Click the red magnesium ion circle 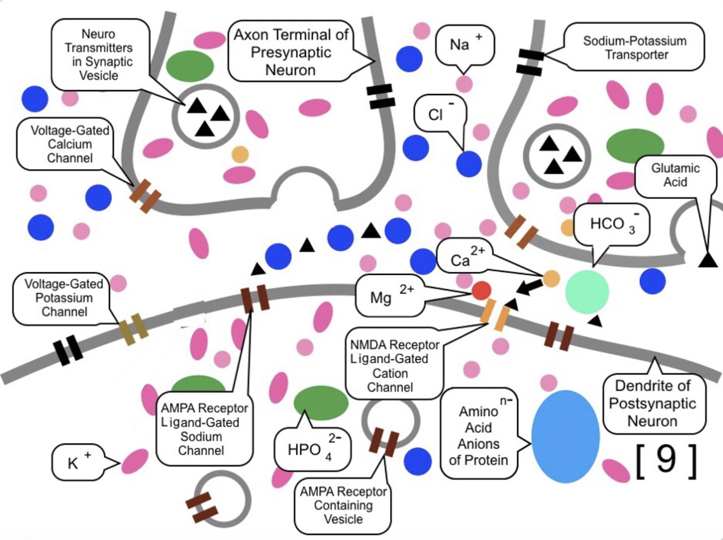point(481,291)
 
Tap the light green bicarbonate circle point(586,292)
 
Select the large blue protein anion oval point(565,436)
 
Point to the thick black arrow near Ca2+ point(529,287)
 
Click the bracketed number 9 point(666,460)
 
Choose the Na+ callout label point(464,45)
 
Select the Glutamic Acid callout point(675,176)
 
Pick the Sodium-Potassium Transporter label point(634,47)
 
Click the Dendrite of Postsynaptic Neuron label point(652,403)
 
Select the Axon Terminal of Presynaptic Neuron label point(291,52)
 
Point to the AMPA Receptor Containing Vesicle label point(343,505)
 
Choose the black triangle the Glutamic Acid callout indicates point(708,260)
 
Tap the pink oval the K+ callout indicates point(135,461)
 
